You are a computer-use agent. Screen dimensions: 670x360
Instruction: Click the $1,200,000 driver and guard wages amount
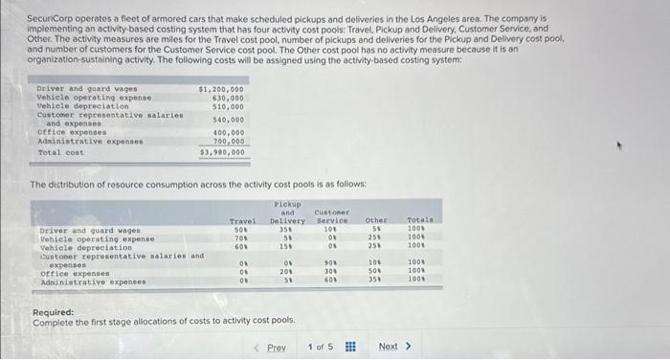pos(220,88)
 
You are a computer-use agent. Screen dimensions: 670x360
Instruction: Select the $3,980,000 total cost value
pos(222,151)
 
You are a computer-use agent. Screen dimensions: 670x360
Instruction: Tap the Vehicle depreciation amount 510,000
pos(227,106)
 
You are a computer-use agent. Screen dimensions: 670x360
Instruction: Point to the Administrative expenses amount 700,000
pos(227,141)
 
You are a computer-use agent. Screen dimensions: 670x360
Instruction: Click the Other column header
pos(378,221)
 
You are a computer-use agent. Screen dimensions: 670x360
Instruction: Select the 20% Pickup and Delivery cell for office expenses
pos(286,272)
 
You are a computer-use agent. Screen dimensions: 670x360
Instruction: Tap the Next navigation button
pos(394,346)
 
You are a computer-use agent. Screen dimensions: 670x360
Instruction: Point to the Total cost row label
pos(61,152)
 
